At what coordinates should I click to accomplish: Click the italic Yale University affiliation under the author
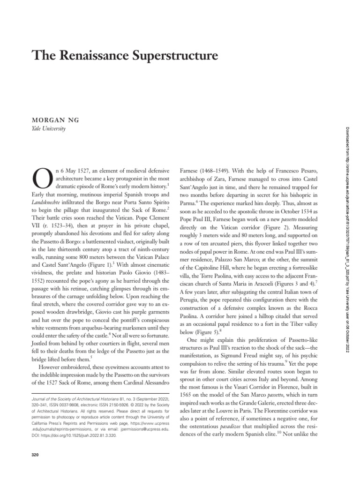click(48, 128)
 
